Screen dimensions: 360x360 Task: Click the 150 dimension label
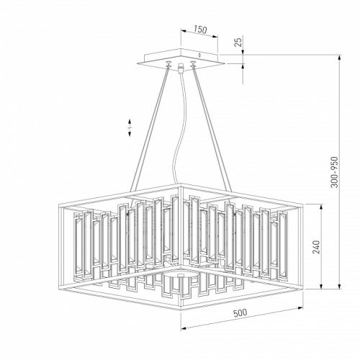(200, 30)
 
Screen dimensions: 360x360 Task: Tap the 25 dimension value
(238, 42)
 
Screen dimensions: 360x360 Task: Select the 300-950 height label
(334, 172)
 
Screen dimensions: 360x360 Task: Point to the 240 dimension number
(316, 247)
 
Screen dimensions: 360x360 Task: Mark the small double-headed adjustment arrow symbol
(130, 127)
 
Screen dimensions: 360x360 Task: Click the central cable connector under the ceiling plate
(181, 67)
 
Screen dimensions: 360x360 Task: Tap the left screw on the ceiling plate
(168, 63)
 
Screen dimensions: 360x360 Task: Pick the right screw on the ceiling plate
(193, 63)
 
